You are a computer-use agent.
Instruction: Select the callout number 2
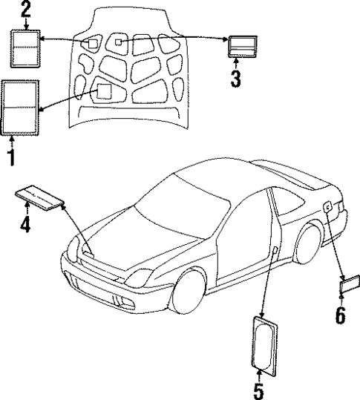click(26, 10)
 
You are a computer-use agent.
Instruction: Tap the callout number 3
click(236, 78)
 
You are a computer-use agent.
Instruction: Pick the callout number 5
click(259, 389)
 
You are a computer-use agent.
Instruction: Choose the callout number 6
click(340, 314)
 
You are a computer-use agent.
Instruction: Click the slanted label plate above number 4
click(41, 199)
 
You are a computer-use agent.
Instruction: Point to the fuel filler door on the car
click(327, 209)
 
